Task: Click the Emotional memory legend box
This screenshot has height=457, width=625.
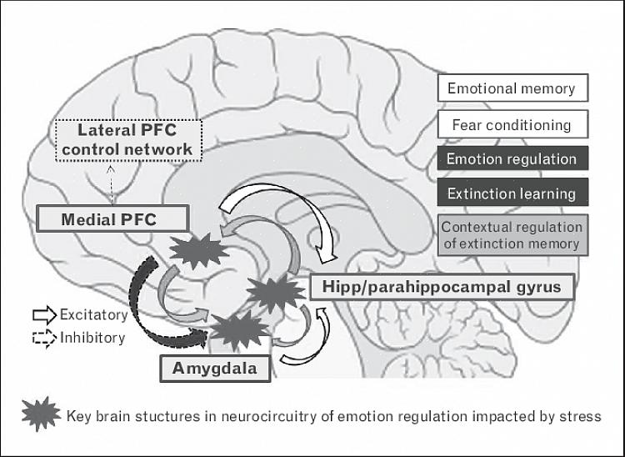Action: tap(512, 88)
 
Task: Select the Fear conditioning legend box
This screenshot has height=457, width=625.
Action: tap(512, 125)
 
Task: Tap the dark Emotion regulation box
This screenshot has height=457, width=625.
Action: tap(512, 158)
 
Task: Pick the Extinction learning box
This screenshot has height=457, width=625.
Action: tap(512, 193)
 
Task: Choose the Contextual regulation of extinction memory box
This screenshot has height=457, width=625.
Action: tap(512, 235)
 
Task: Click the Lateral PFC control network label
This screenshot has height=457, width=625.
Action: tap(135, 140)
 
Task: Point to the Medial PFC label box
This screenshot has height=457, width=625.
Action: tap(109, 220)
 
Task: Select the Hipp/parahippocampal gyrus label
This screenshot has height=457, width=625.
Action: tap(442, 288)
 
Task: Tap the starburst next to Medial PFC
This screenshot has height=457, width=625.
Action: tap(197, 251)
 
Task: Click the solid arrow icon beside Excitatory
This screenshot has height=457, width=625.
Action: tap(43, 315)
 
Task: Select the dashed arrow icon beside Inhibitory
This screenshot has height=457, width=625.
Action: tap(43, 338)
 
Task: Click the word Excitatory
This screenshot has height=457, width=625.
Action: tap(93, 315)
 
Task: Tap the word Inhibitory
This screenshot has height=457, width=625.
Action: tap(92, 338)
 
